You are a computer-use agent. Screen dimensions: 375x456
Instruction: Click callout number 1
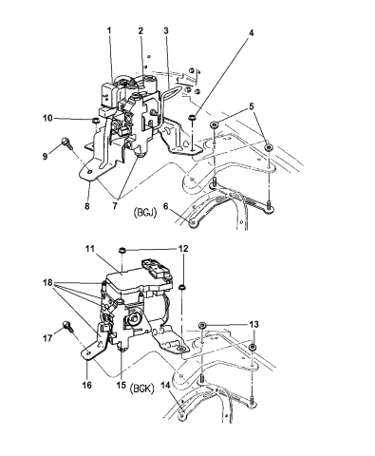tap(109, 30)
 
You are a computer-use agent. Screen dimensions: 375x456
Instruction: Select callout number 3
tap(166, 30)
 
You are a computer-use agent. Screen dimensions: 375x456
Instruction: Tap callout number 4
tap(251, 33)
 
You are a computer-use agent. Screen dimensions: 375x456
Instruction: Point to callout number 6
tap(165, 206)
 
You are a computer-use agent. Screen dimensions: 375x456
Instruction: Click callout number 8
tap(87, 206)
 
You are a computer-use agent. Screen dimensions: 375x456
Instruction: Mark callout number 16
tap(87, 385)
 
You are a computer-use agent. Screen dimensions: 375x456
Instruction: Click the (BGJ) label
tap(143, 213)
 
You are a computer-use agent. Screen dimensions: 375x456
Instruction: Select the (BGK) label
tap(141, 389)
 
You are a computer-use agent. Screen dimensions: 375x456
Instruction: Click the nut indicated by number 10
tap(94, 121)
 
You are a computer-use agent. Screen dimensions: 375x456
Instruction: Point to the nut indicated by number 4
tap(191, 118)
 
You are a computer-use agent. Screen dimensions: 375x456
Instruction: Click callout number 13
tap(253, 324)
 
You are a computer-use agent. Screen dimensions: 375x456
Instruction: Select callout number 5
tap(252, 106)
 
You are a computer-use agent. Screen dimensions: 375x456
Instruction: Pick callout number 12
tap(183, 249)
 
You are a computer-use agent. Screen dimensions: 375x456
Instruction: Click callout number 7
tap(114, 206)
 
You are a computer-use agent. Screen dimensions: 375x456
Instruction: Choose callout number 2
tap(141, 30)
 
